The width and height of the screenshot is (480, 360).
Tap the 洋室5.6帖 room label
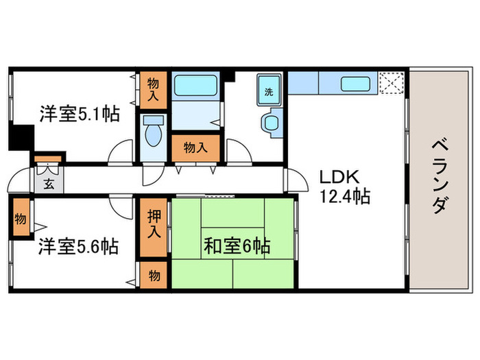pyautogui.click(x=78, y=245)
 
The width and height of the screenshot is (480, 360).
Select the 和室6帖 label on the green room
pyautogui.click(x=236, y=245)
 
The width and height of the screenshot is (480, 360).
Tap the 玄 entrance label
pyautogui.click(x=49, y=183)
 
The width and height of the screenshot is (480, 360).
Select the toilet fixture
pyautogui.click(x=153, y=130)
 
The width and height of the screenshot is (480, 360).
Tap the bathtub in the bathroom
pyautogui.click(x=196, y=86)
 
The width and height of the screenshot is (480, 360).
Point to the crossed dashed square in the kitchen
pyautogui.click(x=391, y=84)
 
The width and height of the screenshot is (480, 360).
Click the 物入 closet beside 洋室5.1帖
pyautogui.click(x=154, y=89)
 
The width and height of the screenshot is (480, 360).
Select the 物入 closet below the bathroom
pyautogui.click(x=195, y=147)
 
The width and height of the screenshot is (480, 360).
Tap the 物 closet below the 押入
pyautogui.click(x=154, y=275)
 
